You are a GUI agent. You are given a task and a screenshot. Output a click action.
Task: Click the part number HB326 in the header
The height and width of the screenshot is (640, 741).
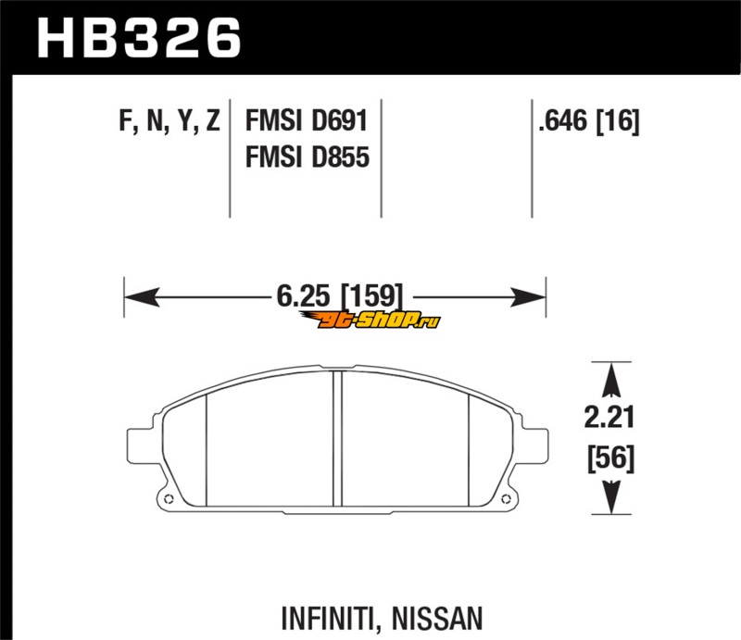click(140, 38)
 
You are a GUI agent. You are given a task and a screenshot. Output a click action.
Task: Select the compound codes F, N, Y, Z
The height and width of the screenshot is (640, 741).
click(170, 121)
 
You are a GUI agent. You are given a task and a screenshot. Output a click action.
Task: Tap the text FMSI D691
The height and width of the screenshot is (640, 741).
click(307, 120)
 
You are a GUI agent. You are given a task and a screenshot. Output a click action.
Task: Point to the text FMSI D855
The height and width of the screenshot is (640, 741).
click(308, 157)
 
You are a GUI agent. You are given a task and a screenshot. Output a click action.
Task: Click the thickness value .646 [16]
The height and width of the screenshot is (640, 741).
click(589, 121)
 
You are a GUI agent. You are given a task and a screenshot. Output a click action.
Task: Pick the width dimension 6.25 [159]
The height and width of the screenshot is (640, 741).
click(340, 295)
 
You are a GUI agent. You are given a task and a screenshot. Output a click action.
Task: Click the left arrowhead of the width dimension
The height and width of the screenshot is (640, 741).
click(142, 296)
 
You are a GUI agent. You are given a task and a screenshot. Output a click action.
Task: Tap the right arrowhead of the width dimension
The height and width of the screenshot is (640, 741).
click(528, 296)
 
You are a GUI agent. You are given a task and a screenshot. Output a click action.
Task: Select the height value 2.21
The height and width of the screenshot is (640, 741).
click(609, 417)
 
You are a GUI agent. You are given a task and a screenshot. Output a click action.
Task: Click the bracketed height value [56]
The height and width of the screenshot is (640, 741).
click(610, 458)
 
